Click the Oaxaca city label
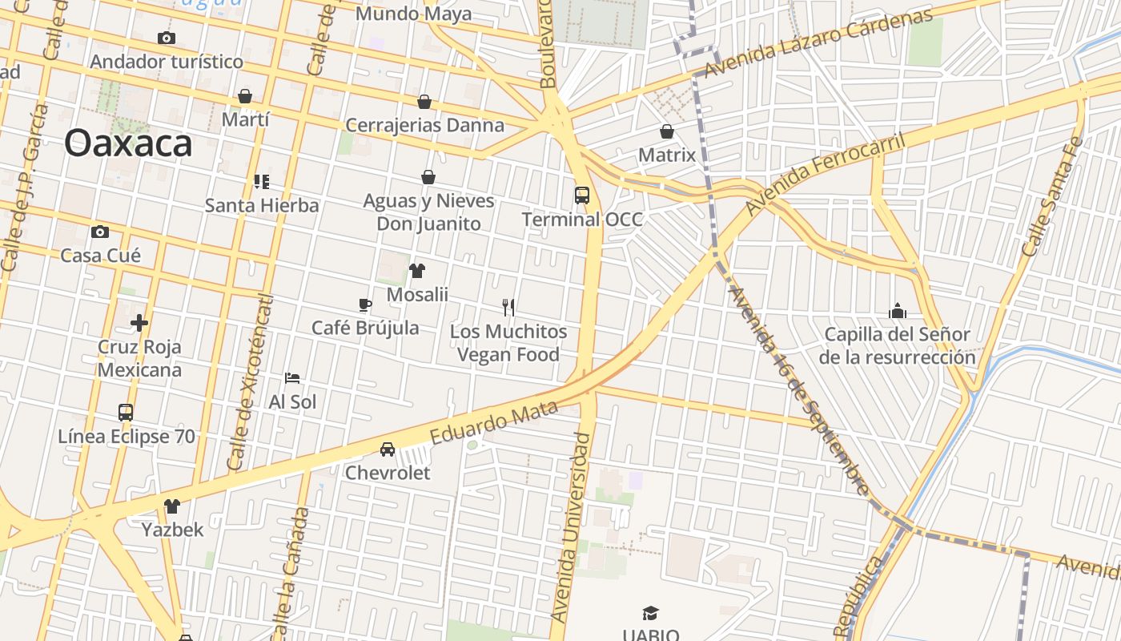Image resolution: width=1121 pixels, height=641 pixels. click(x=128, y=144)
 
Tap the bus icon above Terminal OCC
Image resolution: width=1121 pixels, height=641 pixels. click(x=582, y=195)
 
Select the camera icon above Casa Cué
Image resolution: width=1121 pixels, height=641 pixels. click(x=100, y=232)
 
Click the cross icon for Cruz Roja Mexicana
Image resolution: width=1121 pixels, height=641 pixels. click(x=139, y=323)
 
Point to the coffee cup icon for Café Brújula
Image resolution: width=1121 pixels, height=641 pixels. click(x=365, y=304)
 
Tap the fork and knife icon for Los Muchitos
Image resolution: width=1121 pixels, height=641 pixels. click(x=508, y=307)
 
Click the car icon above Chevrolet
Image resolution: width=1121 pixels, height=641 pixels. click(x=388, y=449)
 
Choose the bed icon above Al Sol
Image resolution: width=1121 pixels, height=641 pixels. click(x=292, y=377)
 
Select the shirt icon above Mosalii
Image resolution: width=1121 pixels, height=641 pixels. click(x=416, y=271)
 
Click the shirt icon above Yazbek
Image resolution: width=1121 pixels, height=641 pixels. click(x=172, y=506)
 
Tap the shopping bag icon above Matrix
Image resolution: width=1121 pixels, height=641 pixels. click(x=667, y=131)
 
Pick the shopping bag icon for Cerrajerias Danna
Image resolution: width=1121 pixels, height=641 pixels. click(x=424, y=102)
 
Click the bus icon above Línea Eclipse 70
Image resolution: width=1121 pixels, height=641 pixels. click(x=126, y=413)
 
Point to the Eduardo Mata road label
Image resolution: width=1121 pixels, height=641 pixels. click(x=493, y=423)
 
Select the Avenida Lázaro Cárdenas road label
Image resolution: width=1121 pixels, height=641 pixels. click(x=818, y=44)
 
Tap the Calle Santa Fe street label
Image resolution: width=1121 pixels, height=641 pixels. click(x=1052, y=197)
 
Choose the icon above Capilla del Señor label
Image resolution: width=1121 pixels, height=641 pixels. click(x=898, y=311)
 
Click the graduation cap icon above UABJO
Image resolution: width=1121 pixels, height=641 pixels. click(x=650, y=614)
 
